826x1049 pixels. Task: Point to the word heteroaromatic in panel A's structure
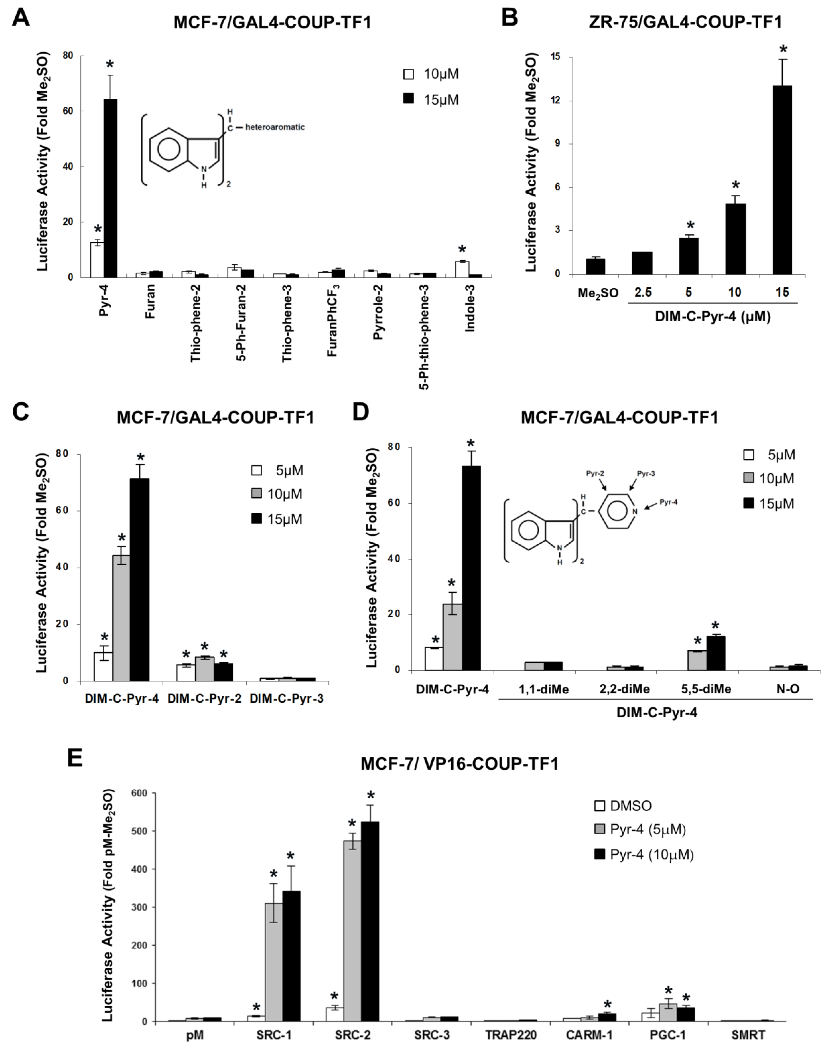click(275, 127)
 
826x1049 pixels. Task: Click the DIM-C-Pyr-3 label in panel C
click(287, 699)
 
